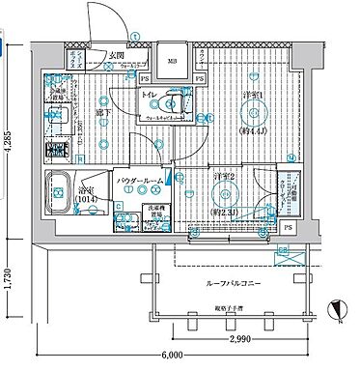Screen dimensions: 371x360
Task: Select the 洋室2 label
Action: (223, 176)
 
